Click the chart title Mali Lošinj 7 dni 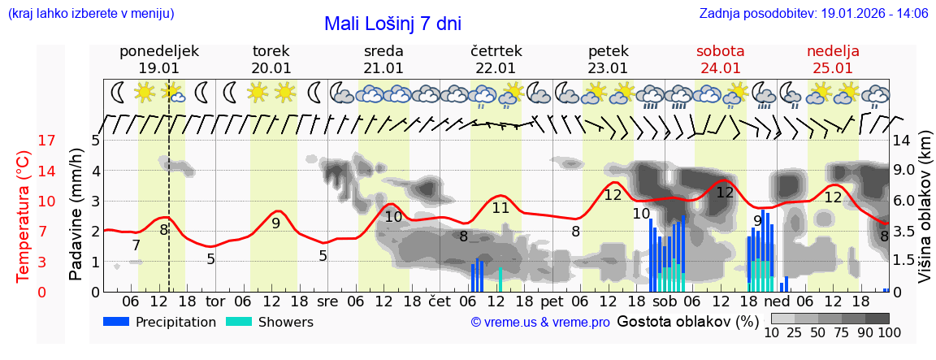pos(392,24)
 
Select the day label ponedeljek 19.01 pos(158,59)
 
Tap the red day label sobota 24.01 pos(720,59)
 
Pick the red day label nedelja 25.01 pos(833,59)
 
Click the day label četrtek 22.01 pos(496,59)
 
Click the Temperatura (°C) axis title pos(24,216)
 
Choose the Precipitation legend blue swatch pos(116,322)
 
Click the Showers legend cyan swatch pos(239,322)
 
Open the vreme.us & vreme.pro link pos(540,323)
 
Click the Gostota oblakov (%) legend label pos(688,321)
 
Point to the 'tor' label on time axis pos(215,301)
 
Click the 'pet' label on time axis pos(552,301)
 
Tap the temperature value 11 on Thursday pos(500,208)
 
